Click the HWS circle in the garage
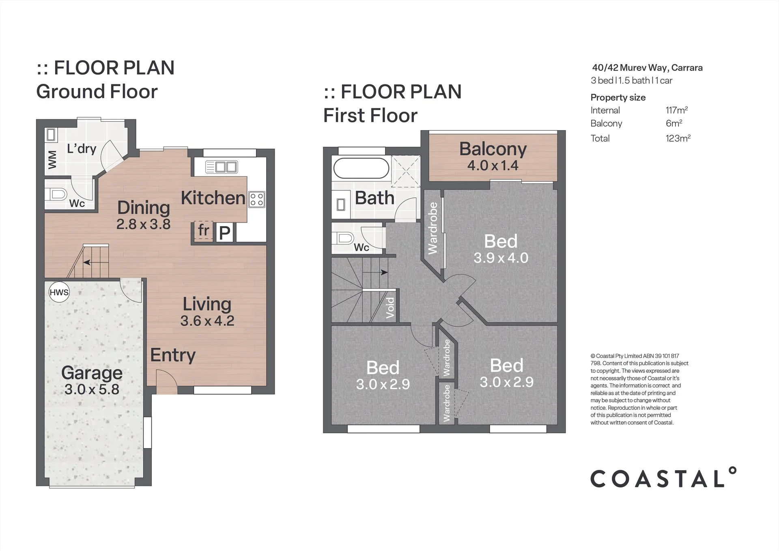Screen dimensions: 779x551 coord(59,292)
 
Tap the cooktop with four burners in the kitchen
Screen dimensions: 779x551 coord(257,200)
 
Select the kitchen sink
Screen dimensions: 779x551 coord(221,167)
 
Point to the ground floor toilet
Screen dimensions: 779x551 coord(58,195)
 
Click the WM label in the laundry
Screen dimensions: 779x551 coord(52,159)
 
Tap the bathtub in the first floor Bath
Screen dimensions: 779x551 coord(361,168)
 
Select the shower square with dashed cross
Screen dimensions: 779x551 coord(406,171)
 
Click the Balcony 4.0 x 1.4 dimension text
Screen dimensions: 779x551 coord(493,166)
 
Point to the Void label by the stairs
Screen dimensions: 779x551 coord(390,308)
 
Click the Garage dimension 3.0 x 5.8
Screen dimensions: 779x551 coord(92,390)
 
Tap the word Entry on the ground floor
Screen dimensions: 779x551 coord(173,355)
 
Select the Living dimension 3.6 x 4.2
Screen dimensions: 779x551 coord(207,321)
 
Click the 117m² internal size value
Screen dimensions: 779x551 coord(677,110)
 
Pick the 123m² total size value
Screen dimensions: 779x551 coord(678,138)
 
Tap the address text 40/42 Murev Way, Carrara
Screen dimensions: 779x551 coord(647,68)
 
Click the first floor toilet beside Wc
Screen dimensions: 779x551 coord(343,238)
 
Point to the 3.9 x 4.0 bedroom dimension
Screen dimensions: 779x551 coord(501,258)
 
